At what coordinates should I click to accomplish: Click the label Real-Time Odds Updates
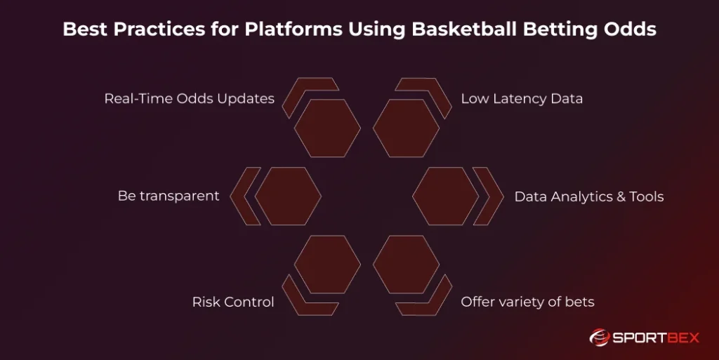(x=189, y=99)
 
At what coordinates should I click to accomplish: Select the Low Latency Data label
(x=521, y=99)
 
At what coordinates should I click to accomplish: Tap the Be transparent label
(x=169, y=196)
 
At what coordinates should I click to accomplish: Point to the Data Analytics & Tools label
(x=588, y=196)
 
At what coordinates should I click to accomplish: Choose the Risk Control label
(x=233, y=302)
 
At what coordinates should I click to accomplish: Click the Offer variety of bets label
(x=527, y=302)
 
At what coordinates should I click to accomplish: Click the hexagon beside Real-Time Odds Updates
(x=327, y=128)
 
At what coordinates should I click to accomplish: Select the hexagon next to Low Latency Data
(x=406, y=128)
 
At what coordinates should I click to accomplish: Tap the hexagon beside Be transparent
(x=288, y=196)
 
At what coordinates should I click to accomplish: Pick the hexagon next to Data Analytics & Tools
(x=445, y=196)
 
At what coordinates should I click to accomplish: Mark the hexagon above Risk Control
(x=327, y=265)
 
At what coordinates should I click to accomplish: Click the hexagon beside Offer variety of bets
(x=406, y=265)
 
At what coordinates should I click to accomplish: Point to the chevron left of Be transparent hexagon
(x=242, y=196)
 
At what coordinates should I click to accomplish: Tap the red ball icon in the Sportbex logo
(x=598, y=338)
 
